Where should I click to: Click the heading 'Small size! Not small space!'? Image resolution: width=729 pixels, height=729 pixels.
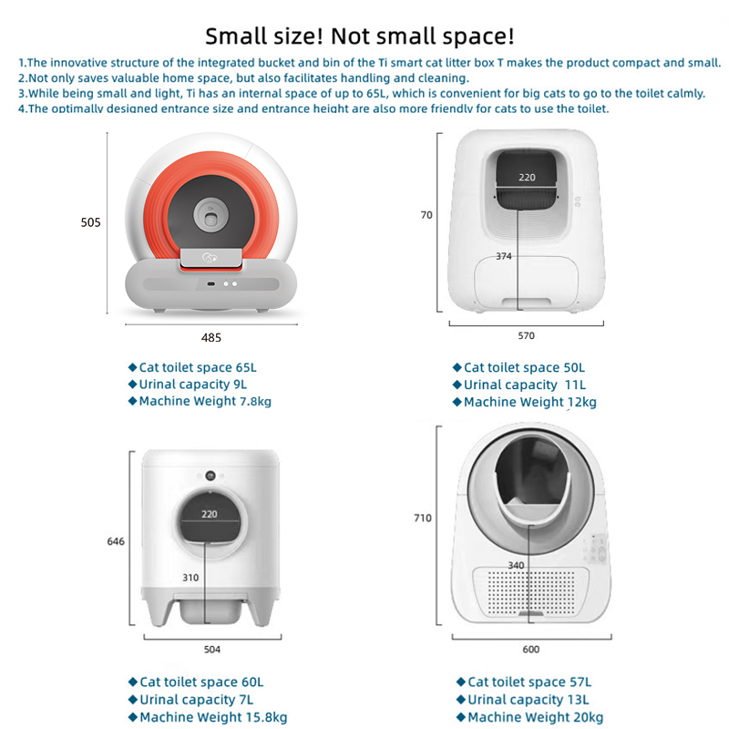pos(360,36)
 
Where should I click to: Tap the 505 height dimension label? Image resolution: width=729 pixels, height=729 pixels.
pos(90,222)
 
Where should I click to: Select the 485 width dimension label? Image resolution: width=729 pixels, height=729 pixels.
pos(211,338)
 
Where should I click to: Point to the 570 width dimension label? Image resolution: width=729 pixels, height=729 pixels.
pos(527,335)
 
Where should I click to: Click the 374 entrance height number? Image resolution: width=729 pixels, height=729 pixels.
pos(504,256)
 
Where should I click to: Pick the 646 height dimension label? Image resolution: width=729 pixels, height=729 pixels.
pos(116,541)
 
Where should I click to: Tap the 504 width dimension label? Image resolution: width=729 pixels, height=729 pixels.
pos(212,650)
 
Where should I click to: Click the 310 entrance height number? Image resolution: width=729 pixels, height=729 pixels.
pos(190,578)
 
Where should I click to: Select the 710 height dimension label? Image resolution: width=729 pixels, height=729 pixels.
pos(423,518)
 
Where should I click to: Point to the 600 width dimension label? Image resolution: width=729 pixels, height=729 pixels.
pos(531,650)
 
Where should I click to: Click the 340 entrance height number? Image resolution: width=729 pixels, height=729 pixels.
pos(516,565)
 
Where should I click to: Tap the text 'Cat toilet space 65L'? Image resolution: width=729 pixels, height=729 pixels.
pos(198,368)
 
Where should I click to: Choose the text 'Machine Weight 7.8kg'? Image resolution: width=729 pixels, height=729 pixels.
pos(205,401)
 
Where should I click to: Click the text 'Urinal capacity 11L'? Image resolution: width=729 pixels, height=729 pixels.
pos(525,385)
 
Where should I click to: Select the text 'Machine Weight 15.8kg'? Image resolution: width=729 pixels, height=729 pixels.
pos(213,717)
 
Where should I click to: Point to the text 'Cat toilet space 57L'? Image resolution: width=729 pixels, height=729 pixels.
pos(529,682)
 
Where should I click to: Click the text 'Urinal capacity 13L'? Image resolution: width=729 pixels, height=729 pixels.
pos(529,700)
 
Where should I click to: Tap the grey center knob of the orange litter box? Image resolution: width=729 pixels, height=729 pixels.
pos(211,216)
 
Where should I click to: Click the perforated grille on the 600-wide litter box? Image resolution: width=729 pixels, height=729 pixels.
pos(530,591)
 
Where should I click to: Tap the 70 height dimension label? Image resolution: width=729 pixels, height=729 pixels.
pos(426,215)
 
